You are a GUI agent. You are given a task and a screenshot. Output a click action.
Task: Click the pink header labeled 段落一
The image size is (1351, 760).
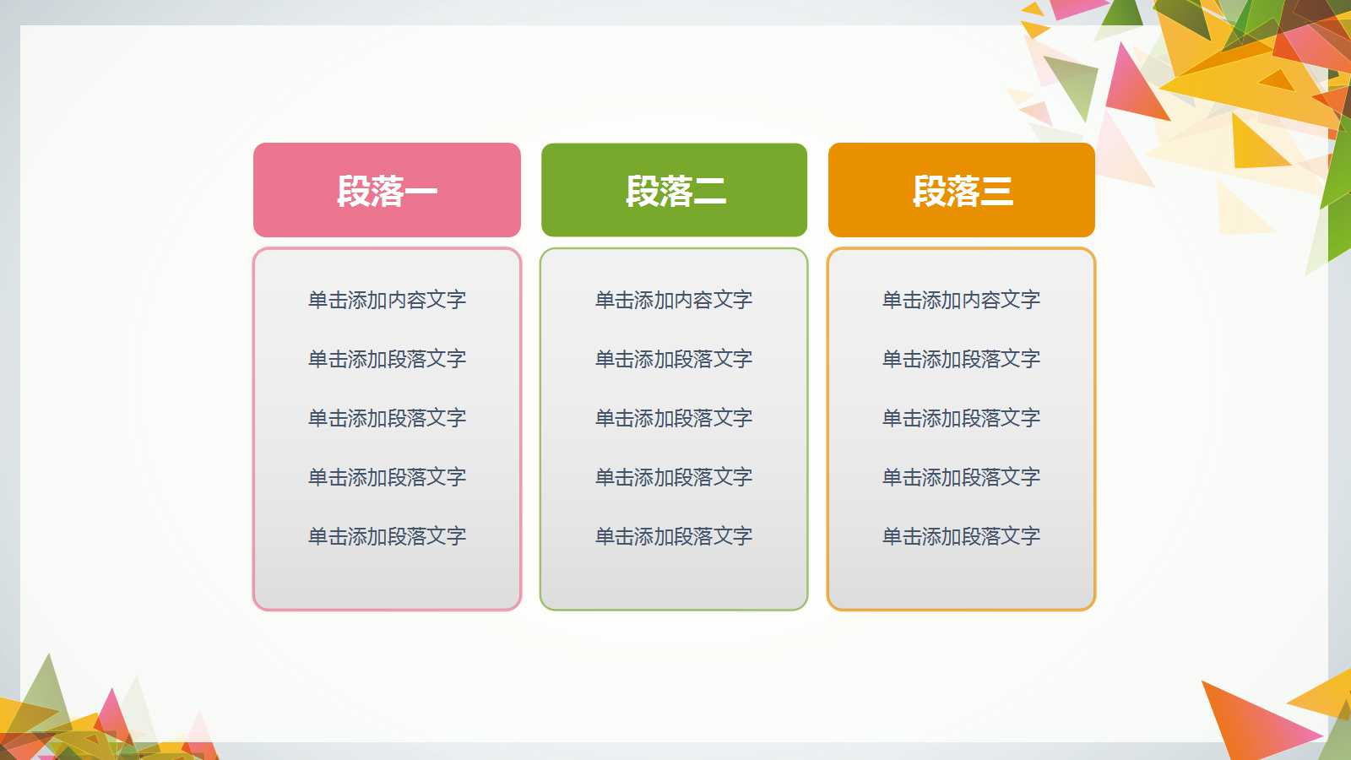click(387, 190)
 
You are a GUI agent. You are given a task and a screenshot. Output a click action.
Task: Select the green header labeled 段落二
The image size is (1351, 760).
click(674, 190)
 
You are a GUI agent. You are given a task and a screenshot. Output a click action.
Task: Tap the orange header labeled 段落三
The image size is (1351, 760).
click(961, 190)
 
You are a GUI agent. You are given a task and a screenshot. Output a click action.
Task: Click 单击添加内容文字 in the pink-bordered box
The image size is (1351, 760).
click(387, 300)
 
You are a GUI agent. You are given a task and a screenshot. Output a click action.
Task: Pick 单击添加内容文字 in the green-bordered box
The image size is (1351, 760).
click(674, 300)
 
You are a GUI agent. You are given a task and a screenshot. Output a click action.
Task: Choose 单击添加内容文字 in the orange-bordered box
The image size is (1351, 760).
click(961, 300)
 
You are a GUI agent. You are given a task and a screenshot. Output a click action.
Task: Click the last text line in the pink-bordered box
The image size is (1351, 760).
click(387, 536)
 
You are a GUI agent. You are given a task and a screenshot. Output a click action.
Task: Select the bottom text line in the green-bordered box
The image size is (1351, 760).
click(674, 536)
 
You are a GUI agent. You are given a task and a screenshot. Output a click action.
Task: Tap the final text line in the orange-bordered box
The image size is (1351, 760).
click(961, 536)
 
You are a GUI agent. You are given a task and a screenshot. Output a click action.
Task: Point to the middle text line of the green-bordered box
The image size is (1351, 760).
click(674, 418)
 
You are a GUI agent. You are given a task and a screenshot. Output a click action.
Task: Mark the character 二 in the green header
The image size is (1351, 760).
click(709, 192)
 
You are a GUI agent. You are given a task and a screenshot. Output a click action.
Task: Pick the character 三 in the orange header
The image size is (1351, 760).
click(996, 192)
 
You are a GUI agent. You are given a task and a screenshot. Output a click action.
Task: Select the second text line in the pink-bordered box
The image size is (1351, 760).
click(387, 359)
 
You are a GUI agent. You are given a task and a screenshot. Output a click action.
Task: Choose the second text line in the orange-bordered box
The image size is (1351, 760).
click(961, 359)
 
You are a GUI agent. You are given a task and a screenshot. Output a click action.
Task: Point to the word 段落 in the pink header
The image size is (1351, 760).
click(371, 191)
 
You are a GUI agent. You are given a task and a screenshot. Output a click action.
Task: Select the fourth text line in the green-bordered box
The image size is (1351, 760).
click(674, 477)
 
